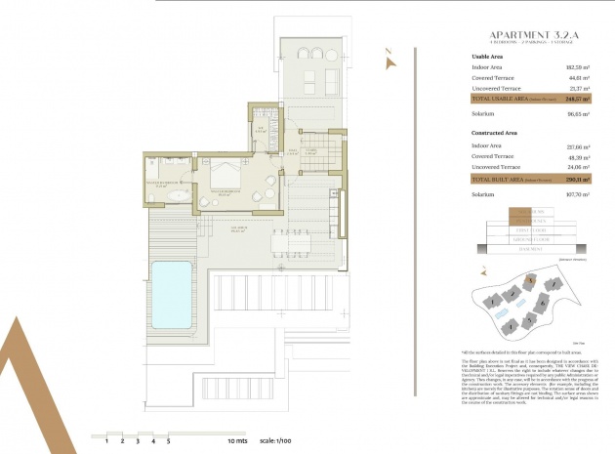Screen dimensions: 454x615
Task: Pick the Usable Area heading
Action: [x=489, y=56]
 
